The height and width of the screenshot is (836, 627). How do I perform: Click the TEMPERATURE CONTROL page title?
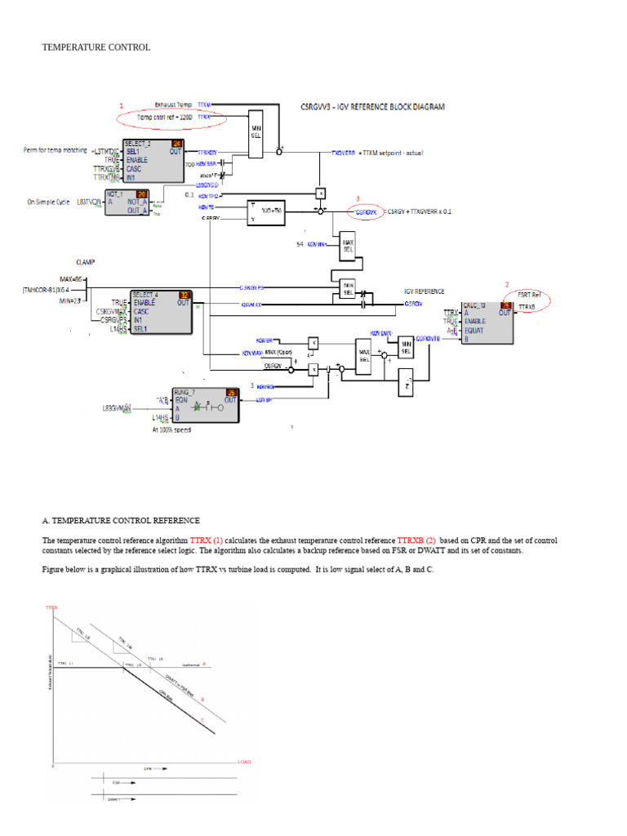click(x=96, y=47)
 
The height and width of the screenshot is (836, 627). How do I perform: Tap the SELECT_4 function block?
click(x=162, y=312)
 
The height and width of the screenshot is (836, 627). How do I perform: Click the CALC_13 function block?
click(x=487, y=322)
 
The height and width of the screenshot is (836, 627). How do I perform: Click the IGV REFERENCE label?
click(x=425, y=291)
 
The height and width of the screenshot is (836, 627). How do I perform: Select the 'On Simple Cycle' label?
click(x=49, y=201)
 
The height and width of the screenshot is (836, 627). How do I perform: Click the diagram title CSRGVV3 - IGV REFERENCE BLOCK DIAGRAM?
click(x=373, y=106)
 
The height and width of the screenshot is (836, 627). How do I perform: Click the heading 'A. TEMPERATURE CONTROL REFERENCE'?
click(x=121, y=520)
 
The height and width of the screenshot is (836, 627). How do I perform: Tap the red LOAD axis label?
click(x=244, y=762)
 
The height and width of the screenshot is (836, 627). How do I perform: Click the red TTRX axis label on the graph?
click(x=51, y=608)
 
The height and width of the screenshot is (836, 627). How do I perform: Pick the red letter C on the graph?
click(x=202, y=718)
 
